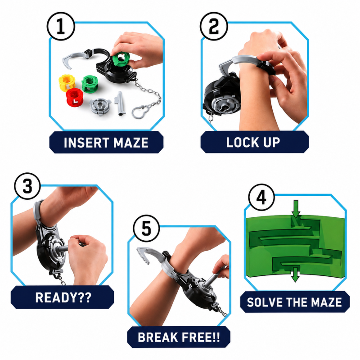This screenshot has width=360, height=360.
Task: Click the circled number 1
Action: [61, 27]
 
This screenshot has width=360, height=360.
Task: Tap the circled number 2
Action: [214, 27]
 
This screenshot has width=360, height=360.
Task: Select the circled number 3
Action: [27, 186]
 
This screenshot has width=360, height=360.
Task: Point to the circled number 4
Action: [261, 198]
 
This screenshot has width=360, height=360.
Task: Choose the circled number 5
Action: [147, 228]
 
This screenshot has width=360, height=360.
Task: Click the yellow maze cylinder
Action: [67, 83]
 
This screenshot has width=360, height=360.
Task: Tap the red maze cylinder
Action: [75, 97]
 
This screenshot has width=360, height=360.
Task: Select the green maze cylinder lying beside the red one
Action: [90, 84]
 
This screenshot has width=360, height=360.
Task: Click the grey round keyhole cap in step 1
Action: [100, 107]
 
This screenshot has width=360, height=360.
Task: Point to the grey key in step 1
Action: [120, 103]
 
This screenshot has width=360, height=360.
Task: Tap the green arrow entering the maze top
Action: [296, 209]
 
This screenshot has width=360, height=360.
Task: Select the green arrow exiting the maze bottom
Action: [295, 274]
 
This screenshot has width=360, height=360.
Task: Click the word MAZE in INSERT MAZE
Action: [131, 143]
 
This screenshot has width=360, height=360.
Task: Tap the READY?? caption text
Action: [63, 297]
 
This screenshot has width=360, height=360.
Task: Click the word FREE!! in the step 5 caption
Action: [201, 337]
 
